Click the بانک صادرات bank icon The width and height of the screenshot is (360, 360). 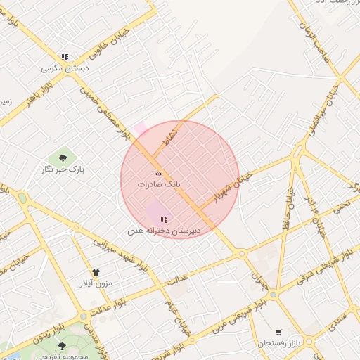point(158,173)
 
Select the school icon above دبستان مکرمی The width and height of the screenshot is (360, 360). point(65,58)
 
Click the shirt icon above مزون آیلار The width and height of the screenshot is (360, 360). point(96,272)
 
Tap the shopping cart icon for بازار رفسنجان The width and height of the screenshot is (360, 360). point(278,333)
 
